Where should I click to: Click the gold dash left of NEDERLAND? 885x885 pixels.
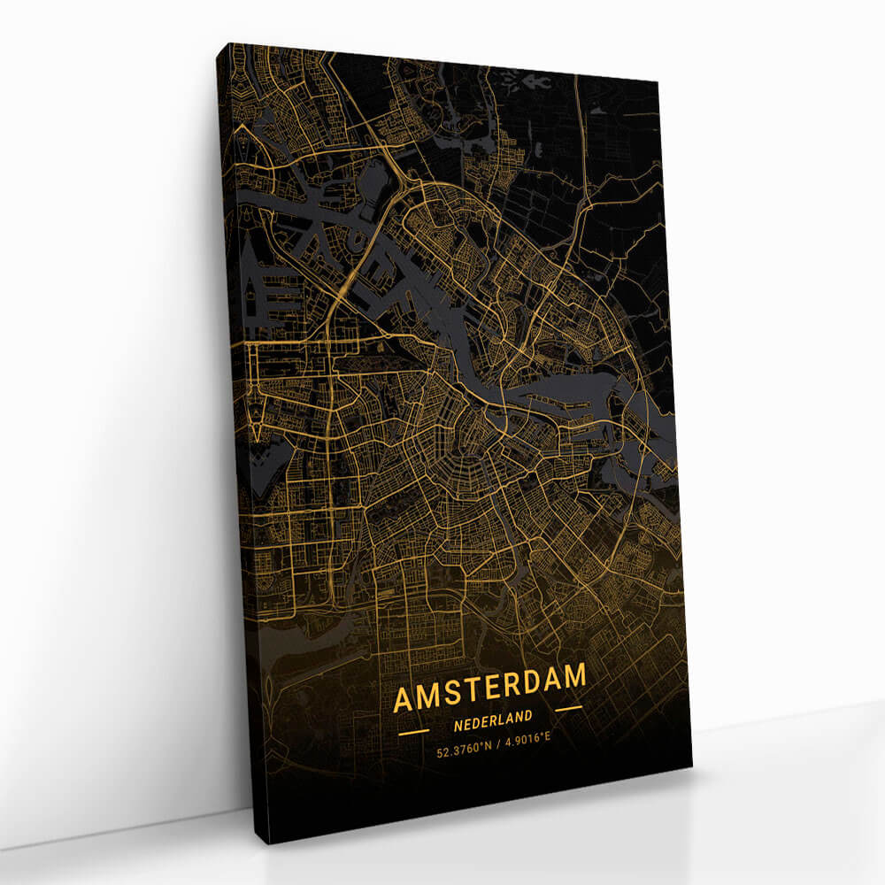click(x=413, y=733)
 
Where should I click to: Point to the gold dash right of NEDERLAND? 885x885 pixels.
click(x=568, y=708)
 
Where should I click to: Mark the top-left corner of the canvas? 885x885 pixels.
click(x=218, y=42)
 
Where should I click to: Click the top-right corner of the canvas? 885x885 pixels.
click(x=658, y=81)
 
